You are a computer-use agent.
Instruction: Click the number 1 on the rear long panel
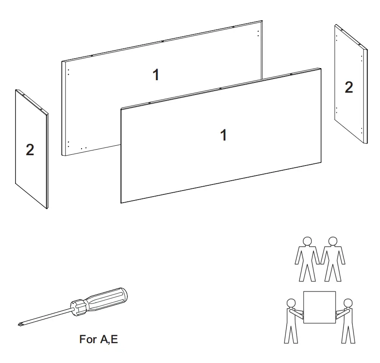click(x=156, y=75)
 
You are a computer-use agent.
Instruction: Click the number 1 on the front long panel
click(x=223, y=135)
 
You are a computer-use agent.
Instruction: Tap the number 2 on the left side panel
click(x=30, y=150)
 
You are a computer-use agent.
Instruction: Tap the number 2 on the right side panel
click(x=348, y=88)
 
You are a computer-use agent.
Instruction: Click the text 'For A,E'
click(x=98, y=339)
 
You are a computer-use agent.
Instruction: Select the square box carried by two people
click(x=320, y=307)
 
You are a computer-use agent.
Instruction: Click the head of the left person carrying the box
click(x=291, y=303)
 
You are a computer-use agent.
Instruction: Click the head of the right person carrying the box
click(x=348, y=303)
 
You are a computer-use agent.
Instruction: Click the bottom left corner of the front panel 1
click(x=122, y=202)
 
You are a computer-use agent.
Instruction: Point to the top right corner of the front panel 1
click(x=320, y=69)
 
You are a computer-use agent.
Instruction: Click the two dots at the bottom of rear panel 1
click(x=83, y=148)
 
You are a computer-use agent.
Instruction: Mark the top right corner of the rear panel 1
click(x=262, y=21)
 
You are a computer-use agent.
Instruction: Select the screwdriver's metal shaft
click(x=47, y=315)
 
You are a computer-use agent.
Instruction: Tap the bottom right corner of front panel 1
click(x=320, y=163)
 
